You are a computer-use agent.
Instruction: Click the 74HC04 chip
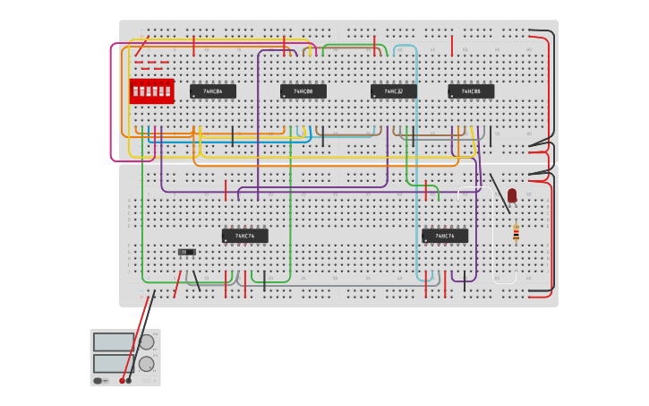(213, 91)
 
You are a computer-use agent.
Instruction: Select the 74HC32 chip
(394, 91)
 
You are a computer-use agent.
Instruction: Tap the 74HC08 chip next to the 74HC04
(303, 91)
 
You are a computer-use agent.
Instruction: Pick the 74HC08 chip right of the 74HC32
(471, 91)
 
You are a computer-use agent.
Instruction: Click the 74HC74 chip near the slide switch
(245, 236)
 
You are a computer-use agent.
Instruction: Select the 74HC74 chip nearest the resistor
(445, 236)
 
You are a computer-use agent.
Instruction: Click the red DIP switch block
(151, 91)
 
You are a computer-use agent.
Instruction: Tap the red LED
(512, 194)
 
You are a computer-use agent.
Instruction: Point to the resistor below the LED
(516, 233)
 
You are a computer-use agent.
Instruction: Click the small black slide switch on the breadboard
(186, 252)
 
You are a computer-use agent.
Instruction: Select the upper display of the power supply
(114, 342)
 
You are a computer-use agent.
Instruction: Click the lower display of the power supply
(114, 363)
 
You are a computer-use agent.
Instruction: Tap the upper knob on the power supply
(146, 341)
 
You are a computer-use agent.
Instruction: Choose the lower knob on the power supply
(146, 364)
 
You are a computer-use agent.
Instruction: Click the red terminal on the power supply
(122, 380)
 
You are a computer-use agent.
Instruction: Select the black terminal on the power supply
(129, 380)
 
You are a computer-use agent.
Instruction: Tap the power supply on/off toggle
(98, 380)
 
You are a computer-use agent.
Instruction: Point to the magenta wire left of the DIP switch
(111, 99)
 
